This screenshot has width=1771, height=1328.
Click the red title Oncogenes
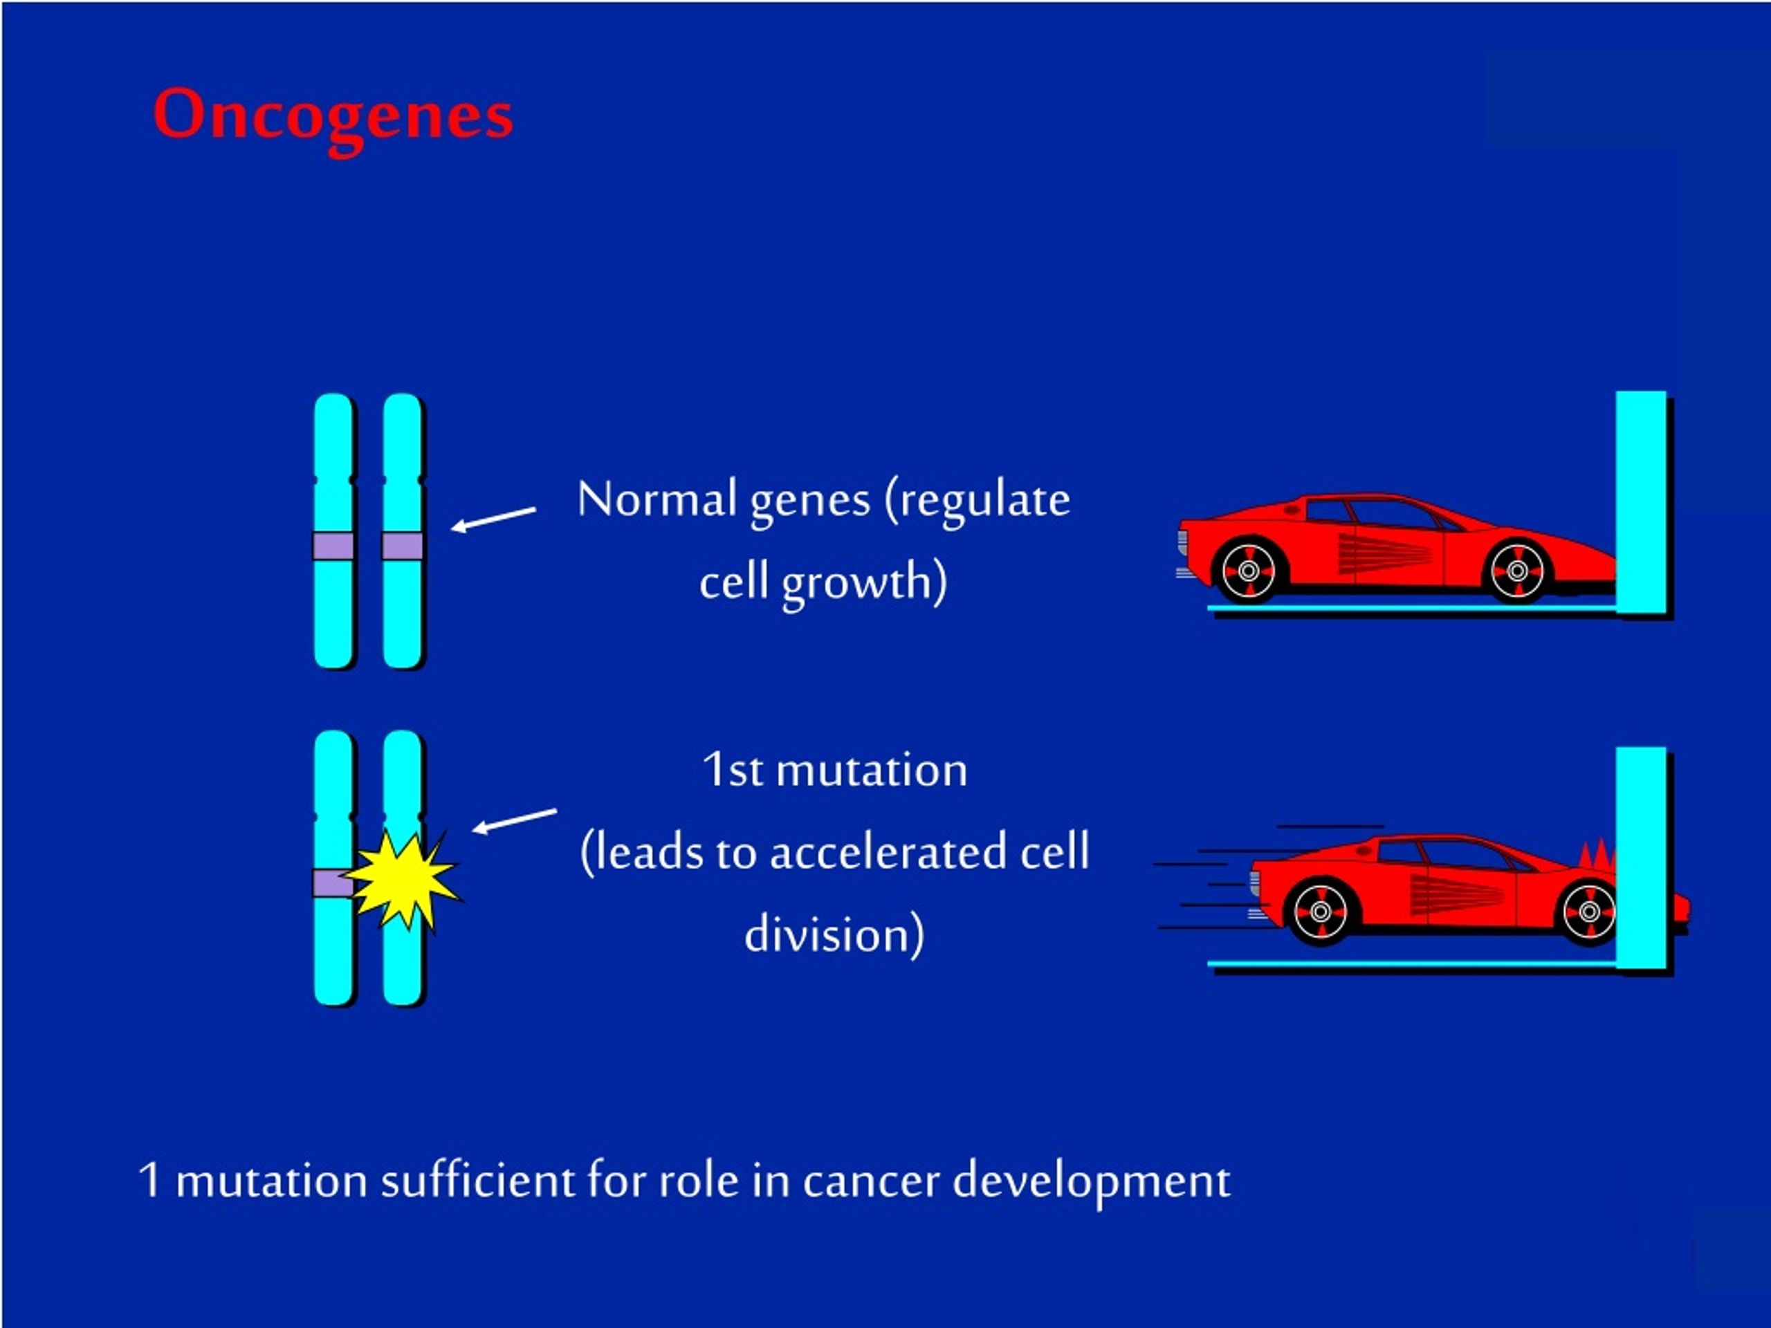[x=332, y=116]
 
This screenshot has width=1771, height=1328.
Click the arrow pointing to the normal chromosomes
[x=493, y=518]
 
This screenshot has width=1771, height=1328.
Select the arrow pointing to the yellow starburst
[x=514, y=820]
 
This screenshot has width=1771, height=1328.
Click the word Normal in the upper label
[x=657, y=499]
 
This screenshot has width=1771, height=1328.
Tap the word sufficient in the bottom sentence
[x=478, y=1181]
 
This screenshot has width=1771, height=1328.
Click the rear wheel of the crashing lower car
[x=1320, y=911]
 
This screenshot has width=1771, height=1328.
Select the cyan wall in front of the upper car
[x=1640, y=502]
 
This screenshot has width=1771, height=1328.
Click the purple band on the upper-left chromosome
[x=333, y=546]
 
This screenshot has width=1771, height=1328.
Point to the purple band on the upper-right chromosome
[x=402, y=546]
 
